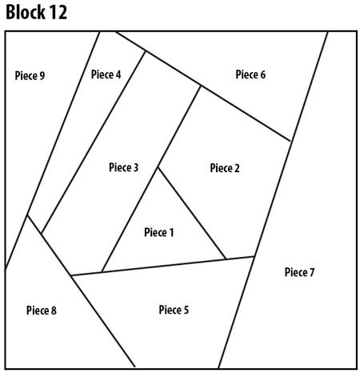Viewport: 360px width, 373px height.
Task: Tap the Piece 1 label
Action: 158,232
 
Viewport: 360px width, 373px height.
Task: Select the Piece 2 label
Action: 225,168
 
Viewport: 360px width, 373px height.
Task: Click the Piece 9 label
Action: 30,76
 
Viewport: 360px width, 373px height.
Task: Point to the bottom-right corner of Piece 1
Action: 226,259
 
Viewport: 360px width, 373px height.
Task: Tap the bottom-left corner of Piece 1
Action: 102,272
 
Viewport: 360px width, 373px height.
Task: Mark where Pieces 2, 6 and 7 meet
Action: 290,141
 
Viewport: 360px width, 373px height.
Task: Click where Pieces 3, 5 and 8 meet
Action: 70,276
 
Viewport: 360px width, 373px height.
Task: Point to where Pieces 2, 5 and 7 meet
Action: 254,256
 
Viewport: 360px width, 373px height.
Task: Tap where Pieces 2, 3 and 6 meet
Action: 200,86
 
